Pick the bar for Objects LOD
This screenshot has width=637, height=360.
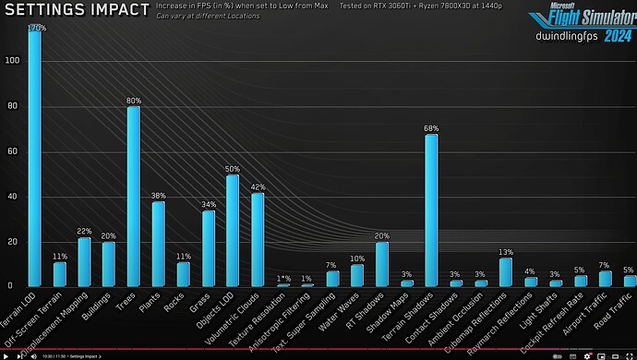pos(233,230)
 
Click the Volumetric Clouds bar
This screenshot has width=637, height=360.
pos(258,239)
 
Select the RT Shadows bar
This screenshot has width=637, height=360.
pos(381,264)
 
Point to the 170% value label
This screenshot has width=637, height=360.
pos(35,28)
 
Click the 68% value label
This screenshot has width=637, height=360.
pos(431,128)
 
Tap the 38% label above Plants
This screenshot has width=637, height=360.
pos(158,196)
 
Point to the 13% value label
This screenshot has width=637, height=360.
pos(506,252)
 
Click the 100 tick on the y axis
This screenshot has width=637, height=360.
pos(10,61)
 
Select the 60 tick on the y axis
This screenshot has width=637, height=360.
pos(12,151)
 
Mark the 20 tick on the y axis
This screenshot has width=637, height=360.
pos(12,242)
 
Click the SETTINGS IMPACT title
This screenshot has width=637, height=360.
pos(77,11)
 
